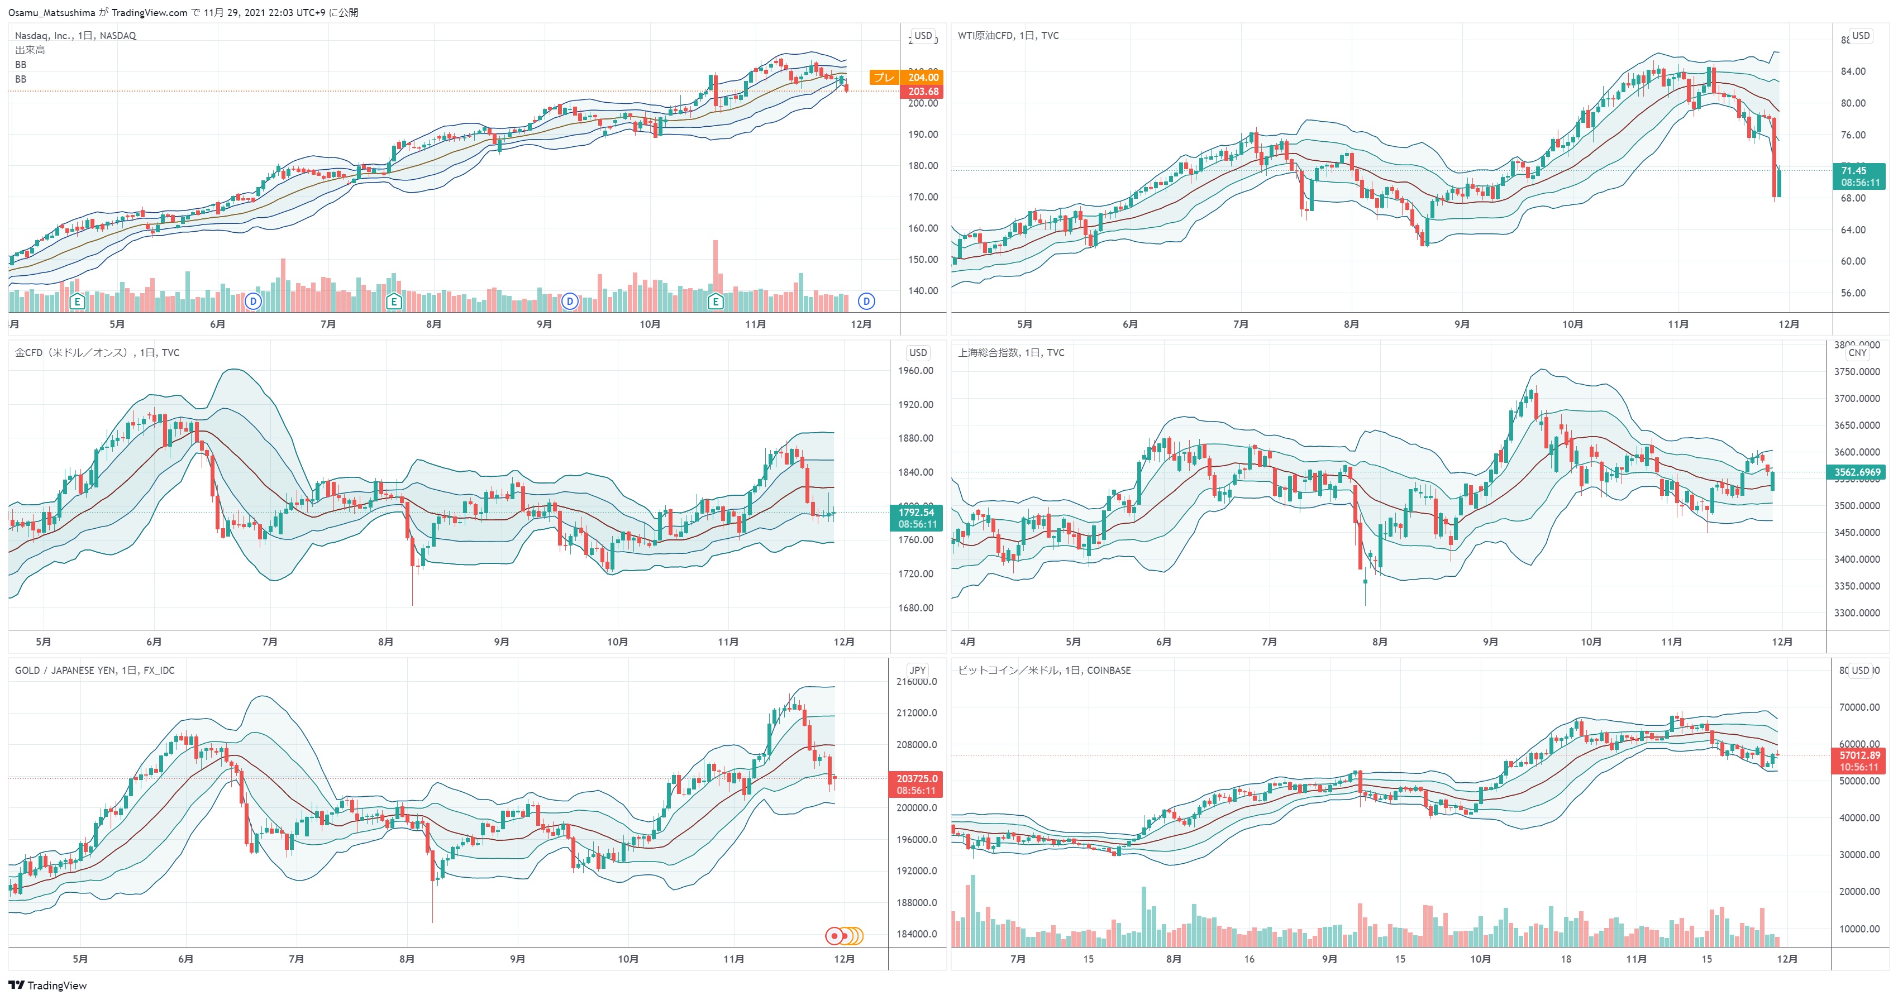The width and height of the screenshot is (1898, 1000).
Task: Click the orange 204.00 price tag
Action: (923, 77)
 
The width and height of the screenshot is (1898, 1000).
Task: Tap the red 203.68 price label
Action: (923, 92)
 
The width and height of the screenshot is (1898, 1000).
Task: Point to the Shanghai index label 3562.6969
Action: (1857, 472)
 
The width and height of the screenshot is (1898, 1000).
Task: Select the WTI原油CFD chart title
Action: (1008, 35)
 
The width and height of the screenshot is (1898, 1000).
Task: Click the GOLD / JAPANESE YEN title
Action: (94, 670)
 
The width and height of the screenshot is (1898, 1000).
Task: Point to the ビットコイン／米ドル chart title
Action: (1043, 670)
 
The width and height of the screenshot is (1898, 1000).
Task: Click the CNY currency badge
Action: (1857, 353)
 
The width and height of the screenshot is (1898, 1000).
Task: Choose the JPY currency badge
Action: (917, 670)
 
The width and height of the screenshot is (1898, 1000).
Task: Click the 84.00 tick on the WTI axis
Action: (1853, 71)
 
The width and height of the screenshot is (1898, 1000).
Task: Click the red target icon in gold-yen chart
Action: (834, 935)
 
